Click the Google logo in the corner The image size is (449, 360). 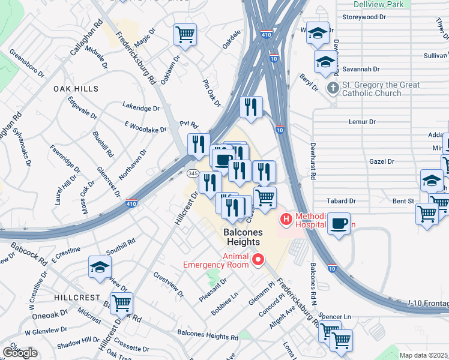coord(20,353)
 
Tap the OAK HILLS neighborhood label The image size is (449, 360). coord(76,89)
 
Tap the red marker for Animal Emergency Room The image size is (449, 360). coord(259,260)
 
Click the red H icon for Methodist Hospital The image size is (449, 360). coord(286,220)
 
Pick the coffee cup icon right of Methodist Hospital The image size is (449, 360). coord(339,223)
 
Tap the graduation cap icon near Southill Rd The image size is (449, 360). coord(100,268)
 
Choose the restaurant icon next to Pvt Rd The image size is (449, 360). coord(199,145)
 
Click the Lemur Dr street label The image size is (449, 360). coord(362,122)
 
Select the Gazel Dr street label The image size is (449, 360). coord(382,161)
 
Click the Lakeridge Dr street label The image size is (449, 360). coord(141,109)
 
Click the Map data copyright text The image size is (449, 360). coord(424,355)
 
